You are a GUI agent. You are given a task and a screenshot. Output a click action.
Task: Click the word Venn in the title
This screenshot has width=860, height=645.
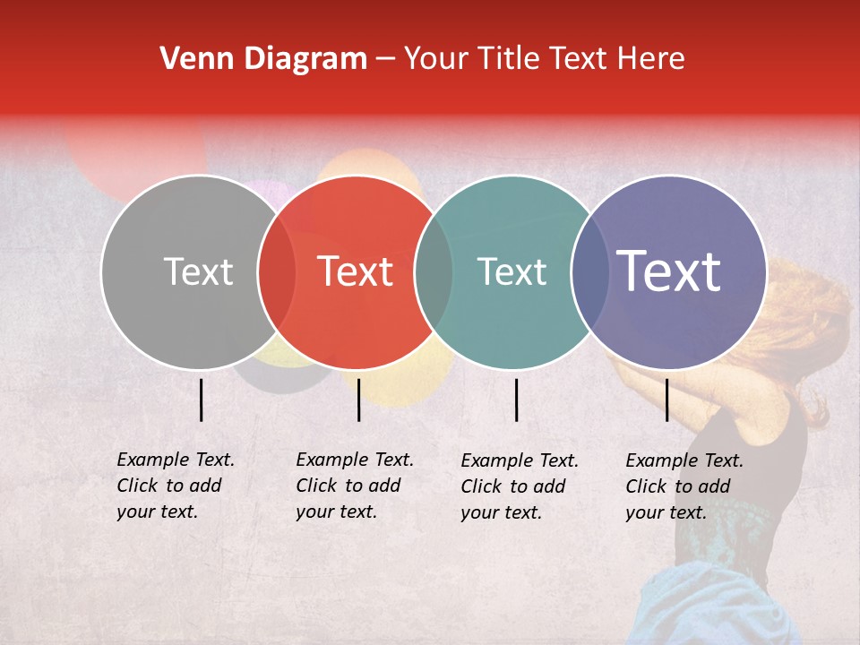tap(191, 59)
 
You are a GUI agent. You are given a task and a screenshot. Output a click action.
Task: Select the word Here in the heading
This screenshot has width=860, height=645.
tap(652, 59)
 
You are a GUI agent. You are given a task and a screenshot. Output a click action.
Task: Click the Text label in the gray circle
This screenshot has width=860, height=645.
tap(198, 272)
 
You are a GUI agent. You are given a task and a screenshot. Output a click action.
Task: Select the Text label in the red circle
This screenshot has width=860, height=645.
tap(355, 272)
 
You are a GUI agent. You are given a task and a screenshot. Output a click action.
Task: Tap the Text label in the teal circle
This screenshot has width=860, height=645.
tap(512, 272)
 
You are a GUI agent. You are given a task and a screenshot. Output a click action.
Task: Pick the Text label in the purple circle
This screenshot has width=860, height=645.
tap(668, 271)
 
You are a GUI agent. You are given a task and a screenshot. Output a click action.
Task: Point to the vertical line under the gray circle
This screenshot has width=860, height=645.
tap(202, 400)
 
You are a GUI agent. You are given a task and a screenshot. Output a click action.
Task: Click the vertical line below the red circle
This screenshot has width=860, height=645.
tap(358, 400)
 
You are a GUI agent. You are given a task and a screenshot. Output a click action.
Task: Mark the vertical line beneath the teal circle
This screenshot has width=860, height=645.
tap(517, 400)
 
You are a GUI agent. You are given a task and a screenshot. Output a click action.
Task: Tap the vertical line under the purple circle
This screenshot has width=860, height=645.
tap(667, 400)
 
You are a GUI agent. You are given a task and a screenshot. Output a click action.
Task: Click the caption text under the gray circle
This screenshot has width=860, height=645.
tap(175, 486)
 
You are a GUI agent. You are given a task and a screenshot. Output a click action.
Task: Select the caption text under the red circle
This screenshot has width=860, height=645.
tap(354, 486)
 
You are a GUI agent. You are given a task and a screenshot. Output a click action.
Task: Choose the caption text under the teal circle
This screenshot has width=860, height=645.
tap(519, 486)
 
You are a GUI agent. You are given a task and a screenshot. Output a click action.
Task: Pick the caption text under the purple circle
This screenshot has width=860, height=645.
tap(684, 486)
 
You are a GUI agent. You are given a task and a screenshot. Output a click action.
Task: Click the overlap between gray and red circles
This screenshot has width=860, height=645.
tap(277, 272)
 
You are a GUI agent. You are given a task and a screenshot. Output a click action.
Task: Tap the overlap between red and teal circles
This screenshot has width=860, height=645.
tap(434, 272)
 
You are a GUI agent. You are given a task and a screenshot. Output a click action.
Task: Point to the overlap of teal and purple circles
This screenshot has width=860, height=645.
tap(589, 272)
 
